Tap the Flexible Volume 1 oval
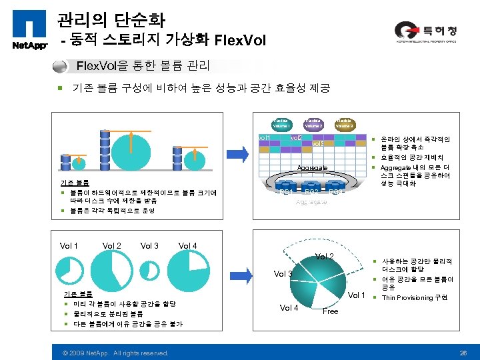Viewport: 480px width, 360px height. tap(281, 123)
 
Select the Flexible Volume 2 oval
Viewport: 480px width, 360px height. tap(313, 123)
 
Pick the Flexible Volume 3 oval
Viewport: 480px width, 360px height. tap(344, 123)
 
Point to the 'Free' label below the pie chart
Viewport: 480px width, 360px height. tap(330, 311)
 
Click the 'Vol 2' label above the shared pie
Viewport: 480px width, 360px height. tap(325, 257)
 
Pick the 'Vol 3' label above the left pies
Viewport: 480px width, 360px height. tap(149, 246)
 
